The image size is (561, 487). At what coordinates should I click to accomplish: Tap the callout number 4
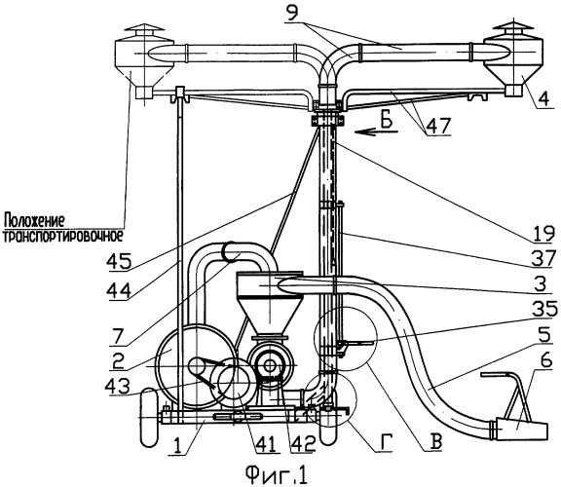[x=543, y=97]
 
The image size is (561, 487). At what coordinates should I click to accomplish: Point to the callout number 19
[x=542, y=233]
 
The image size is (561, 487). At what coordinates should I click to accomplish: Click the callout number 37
[x=543, y=258]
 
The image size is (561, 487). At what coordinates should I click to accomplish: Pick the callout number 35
[x=543, y=309]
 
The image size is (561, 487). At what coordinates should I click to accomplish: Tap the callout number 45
[x=119, y=263]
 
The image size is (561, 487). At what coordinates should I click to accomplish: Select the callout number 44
[x=119, y=289]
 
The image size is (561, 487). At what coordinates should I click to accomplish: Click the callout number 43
[x=119, y=386]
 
